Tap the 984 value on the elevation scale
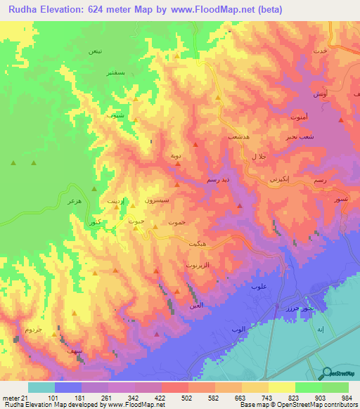[x=347, y=397]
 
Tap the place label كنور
[x=95, y=222]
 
